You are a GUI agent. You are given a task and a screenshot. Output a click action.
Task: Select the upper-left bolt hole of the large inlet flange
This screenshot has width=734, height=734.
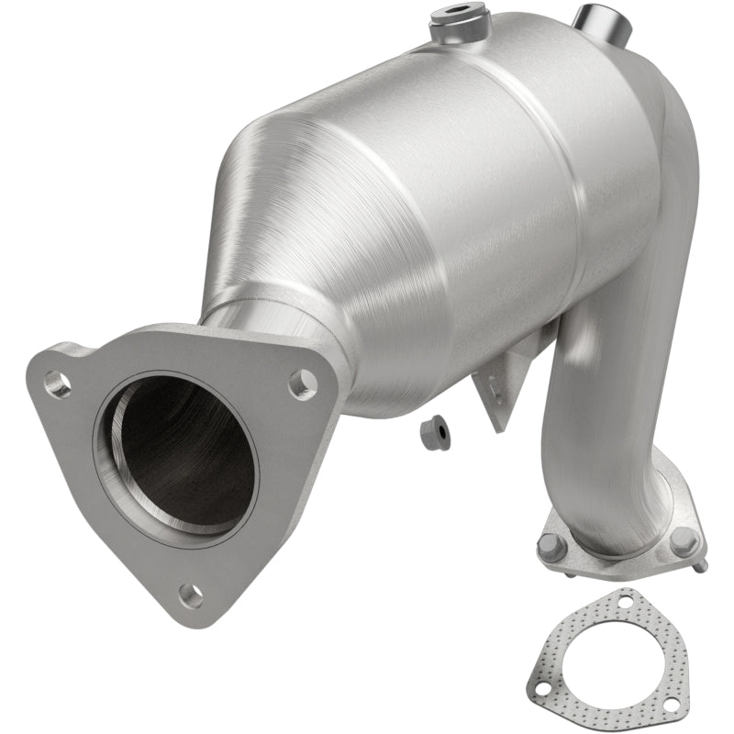[57, 384]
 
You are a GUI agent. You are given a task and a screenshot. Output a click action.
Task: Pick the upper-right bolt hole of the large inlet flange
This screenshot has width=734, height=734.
[302, 384]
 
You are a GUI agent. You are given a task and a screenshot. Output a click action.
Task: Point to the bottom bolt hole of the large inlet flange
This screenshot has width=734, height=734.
[191, 595]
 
